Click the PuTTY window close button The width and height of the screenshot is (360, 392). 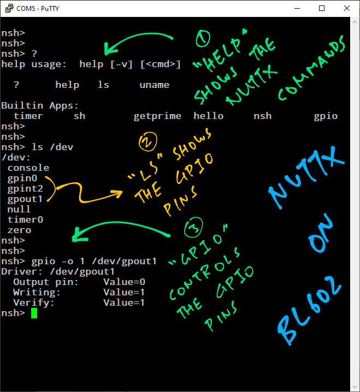click(x=347, y=8)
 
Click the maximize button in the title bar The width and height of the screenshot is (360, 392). click(x=322, y=8)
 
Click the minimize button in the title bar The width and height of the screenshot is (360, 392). click(x=297, y=8)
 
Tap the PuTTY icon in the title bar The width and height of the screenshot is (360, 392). click(x=9, y=8)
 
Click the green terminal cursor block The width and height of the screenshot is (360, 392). click(x=34, y=313)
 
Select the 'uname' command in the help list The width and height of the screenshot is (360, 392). click(x=154, y=85)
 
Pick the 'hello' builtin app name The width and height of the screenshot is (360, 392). click(x=208, y=116)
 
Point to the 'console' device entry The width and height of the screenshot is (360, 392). click(x=28, y=168)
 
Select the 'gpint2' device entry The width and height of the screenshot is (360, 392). click(x=25, y=188)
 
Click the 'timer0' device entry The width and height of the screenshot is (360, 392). click(x=25, y=219)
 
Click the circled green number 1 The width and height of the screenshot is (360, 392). click(x=203, y=39)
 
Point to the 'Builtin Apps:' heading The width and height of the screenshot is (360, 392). click(x=40, y=105)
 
